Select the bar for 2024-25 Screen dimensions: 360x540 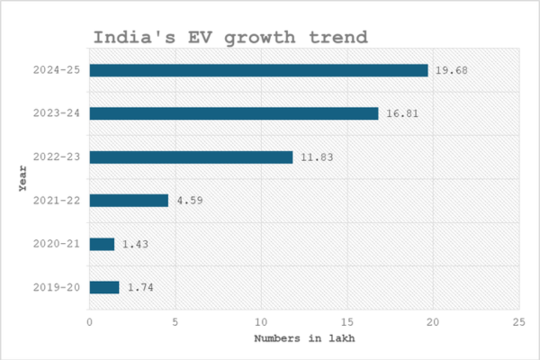coord(258,70)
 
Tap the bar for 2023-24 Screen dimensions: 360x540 coord(234,113)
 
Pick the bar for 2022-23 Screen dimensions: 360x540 coord(191,157)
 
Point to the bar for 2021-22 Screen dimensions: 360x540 coord(129,200)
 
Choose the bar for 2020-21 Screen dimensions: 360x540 coord(102,244)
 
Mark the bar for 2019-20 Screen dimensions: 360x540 coord(104,287)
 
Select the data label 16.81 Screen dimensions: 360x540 coord(402,113)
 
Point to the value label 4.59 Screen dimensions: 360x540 coord(189,200)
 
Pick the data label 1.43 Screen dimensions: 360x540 coord(135,244)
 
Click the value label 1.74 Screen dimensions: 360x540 coord(140,287)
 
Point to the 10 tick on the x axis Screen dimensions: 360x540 coord(262,321)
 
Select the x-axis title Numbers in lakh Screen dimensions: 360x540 coord(304,339)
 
